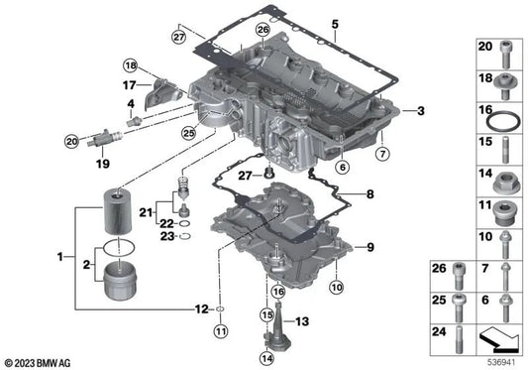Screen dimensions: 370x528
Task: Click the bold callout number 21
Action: (x=146, y=212)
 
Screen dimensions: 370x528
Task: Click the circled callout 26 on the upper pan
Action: (x=263, y=31)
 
